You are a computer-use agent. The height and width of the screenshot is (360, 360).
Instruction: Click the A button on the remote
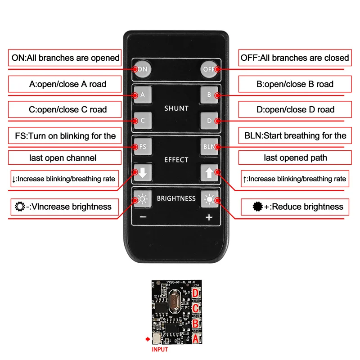coord(143,95)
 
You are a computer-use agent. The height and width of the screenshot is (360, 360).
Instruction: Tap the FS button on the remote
coord(143,147)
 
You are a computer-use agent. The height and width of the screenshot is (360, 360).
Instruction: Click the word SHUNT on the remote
coord(176,108)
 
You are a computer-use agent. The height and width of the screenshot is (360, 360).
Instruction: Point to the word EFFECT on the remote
coord(176,160)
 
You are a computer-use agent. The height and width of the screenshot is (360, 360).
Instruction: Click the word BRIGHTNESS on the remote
coord(176,198)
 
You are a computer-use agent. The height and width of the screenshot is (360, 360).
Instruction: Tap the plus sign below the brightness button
coord(209,217)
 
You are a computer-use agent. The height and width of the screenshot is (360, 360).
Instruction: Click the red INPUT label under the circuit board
coord(160,349)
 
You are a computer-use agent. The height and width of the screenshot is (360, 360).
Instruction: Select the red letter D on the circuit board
coord(196,293)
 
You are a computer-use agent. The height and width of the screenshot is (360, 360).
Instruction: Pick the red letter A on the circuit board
coord(196,338)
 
